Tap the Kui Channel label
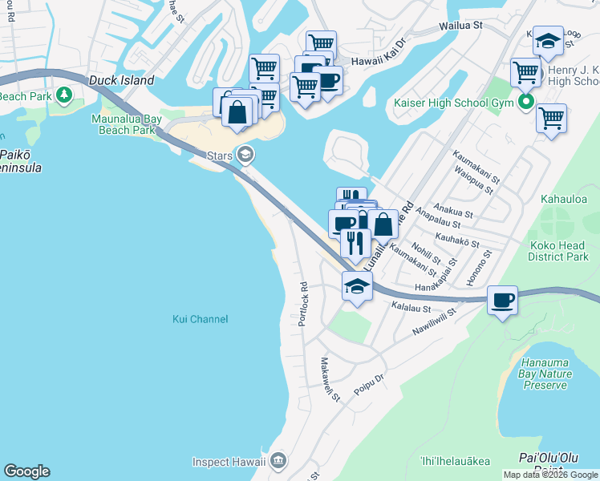coord(201,319)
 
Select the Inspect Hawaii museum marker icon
coord(278,460)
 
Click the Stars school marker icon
coord(246,155)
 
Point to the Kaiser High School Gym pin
coord(526,102)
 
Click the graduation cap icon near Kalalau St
coord(358,285)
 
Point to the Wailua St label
coord(460,26)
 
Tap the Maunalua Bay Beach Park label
coord(126,125)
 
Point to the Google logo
coord(26,471)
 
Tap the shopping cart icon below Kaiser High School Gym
coord(551,119)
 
